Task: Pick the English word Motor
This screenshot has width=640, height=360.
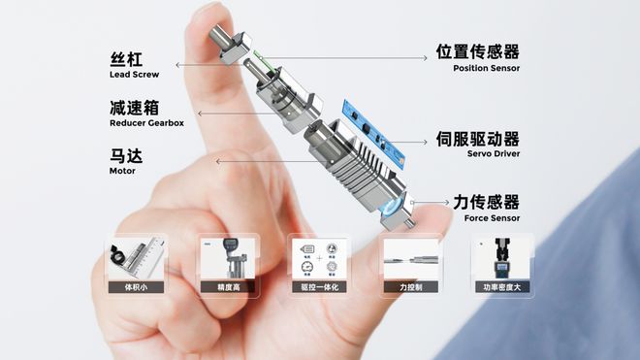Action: [123, 171]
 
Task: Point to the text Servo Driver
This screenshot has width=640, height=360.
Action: [493, 154]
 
